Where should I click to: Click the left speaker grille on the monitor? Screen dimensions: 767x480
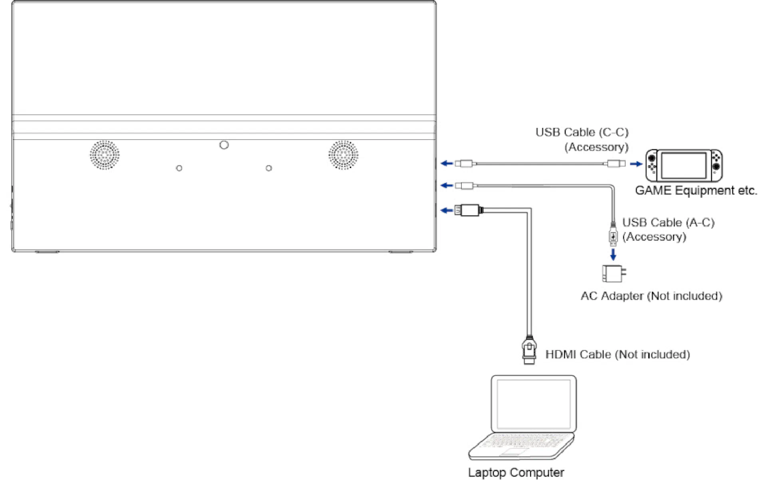point(104,155)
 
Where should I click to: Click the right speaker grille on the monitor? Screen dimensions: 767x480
point(343,155)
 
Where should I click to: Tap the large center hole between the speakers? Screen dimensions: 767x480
point(224,145)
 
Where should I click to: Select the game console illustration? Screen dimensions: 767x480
point(684,166)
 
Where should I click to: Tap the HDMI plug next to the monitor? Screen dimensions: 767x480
point(469,210)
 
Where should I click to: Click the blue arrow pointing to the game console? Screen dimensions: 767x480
point(636,164)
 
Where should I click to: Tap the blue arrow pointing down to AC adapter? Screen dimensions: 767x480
point(613,254)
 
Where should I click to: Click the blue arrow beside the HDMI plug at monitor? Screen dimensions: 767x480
point(446,210)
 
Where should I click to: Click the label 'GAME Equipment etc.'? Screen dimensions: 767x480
point(696,190)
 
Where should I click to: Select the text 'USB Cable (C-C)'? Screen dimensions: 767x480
point(582,132)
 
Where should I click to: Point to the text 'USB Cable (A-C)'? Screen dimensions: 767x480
point(668,222)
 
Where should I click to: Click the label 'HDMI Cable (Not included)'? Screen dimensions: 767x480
point(618,354)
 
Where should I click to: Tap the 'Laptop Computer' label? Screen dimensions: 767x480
point(516,472)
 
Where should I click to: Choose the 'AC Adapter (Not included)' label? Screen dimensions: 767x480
point(651,296)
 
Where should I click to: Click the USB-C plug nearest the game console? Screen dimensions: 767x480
point(616,164)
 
